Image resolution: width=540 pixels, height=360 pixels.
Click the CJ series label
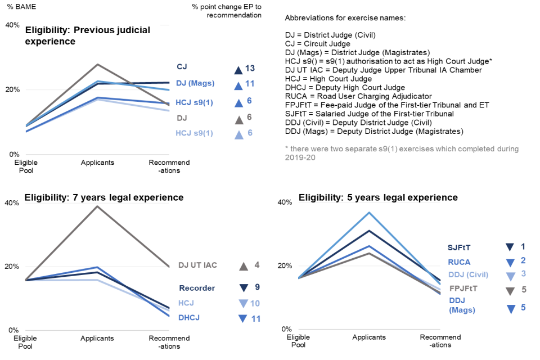[x=182, y=67]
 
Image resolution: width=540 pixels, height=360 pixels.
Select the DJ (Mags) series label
[x=195, y=84]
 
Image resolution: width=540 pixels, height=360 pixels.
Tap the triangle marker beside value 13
[x=238, y=70]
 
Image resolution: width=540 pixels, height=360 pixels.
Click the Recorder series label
[x=197, y=288]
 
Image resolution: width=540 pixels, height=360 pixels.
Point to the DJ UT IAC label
[x=197, y=265]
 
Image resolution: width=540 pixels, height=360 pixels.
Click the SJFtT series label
[x=459, y=247]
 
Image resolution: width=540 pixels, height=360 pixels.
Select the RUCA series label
[x=459, y=262]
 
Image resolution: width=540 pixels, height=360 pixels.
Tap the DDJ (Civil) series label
[x=468, y=274]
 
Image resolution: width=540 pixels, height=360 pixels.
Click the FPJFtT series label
[x=464, y=289]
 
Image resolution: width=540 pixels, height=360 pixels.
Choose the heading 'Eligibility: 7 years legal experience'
[x=104, y=197]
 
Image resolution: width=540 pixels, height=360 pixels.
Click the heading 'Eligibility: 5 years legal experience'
[x=378, y=197]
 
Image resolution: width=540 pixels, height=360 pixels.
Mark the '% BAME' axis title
[x=17, y=6]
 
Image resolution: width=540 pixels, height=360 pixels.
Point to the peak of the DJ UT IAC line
[x=97, y=206]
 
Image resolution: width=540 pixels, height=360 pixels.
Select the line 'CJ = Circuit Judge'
[x=318, y=43]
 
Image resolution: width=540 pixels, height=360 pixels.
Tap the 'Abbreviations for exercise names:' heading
[x=345, y=17]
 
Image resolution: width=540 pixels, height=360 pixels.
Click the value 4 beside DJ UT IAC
[x=257, y=265]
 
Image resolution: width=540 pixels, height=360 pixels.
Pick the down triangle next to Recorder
[x=244, y=288]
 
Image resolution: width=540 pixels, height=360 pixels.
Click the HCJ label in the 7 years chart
[x=186, y=303]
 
